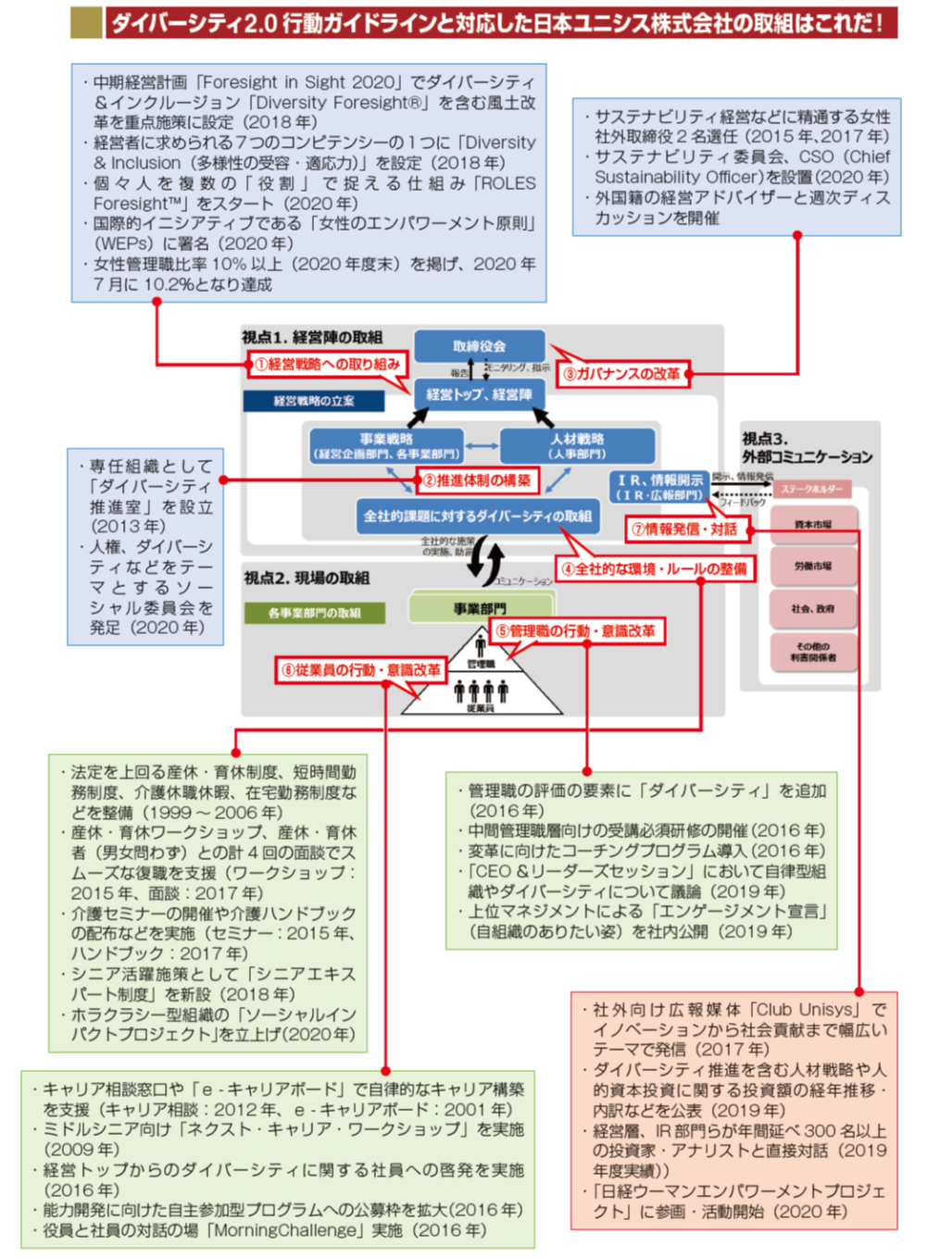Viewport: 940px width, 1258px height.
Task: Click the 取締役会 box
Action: [x=479, y=346]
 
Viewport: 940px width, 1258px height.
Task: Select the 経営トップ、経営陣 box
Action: [x=479, y=394]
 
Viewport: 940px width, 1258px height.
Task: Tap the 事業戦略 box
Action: [x=386, y=445]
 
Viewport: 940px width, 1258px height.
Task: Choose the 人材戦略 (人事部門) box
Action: [x=577, y=445]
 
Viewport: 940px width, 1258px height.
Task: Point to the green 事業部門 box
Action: [x=480, y=608]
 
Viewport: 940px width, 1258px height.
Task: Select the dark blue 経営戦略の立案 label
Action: [x=314, y=401]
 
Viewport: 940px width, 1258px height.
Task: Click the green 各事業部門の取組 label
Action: [x=314, y=613]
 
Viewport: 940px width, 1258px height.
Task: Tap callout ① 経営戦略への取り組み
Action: [x=328, y=365]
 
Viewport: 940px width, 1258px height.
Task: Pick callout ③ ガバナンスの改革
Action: [x=621, y=374]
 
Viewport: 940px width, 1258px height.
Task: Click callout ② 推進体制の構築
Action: [x=477, y=480]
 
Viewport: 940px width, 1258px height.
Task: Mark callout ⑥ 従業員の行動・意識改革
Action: [x=361, y=669]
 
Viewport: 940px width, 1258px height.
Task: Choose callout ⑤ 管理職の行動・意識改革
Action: [x=575, y=631]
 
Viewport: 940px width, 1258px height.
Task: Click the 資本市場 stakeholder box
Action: [x=812, y=525]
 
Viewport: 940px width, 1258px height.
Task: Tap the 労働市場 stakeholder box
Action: [x=812, y=566]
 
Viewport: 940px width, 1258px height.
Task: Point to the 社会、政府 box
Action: [x=812, y=608]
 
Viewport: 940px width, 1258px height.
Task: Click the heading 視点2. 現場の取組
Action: [x=307, y=579]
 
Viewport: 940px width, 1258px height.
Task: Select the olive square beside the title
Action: [x=85, y=22]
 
